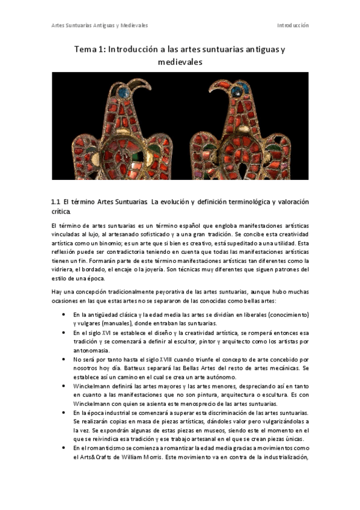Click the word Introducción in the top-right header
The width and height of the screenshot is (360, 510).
click(293, 26)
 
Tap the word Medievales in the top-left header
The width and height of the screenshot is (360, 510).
click(134, 26)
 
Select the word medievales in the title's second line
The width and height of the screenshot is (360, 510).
click(180, 62)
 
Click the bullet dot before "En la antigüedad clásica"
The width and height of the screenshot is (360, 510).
click(64, 315)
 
